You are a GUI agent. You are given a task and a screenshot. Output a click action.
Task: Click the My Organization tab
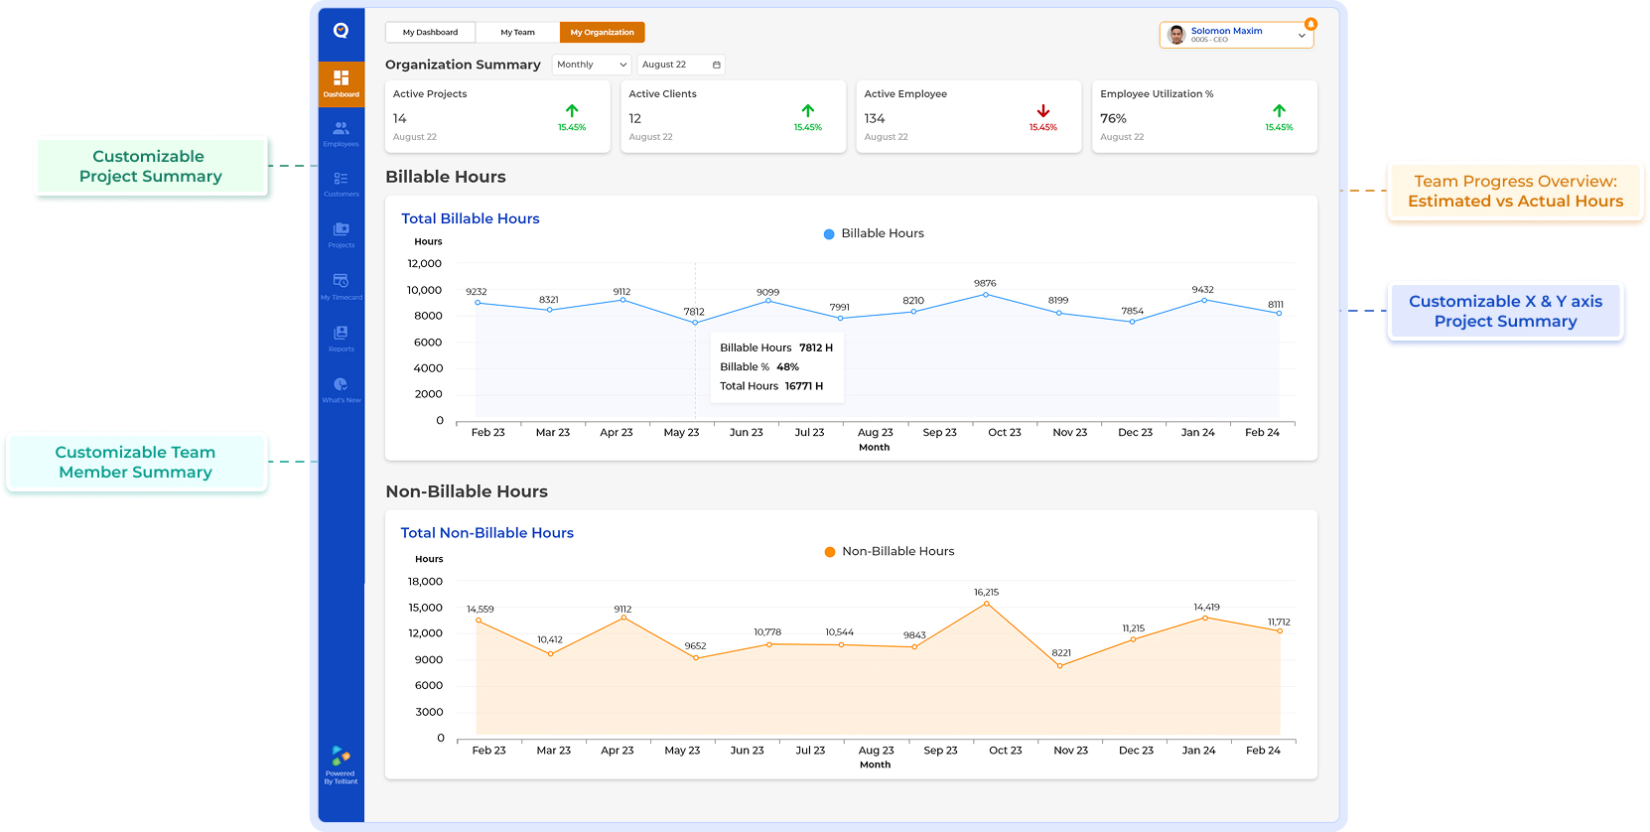coord(602,33)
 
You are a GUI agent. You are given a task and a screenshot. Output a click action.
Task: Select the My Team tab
coord(517,33)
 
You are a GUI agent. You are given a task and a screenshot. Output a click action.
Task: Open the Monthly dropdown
coord(592,65)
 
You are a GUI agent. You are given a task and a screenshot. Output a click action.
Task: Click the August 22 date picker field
coord(680,65)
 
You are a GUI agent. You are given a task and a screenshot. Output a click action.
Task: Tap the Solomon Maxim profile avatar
coord(1176,35)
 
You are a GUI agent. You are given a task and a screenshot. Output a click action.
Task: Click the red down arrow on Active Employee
coord(1042,111)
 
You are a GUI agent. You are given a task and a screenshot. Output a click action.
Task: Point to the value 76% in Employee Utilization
coord(1113,118)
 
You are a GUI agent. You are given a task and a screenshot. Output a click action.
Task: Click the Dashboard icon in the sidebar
coord(341,82)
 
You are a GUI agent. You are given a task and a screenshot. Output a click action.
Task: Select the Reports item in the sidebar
coord(341,338)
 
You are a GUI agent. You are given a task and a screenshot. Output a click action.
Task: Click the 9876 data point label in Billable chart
coord(985,284)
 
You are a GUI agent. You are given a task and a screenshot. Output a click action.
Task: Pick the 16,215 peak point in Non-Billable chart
coord(986,603)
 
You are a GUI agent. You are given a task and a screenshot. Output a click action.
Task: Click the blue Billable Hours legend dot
coord(829,234)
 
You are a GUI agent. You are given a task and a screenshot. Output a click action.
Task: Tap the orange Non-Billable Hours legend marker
coord(830,552)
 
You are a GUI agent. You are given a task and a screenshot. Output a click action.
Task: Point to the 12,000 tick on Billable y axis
coord(425,264)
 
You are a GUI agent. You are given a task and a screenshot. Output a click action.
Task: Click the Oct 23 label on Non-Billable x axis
coord(1005,751)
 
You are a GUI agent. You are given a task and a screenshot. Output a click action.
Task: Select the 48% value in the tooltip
coord(787,367)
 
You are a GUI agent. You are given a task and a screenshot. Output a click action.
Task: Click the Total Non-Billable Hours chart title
coord(486,533)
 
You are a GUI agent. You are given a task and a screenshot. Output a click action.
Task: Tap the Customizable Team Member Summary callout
coord(136,463)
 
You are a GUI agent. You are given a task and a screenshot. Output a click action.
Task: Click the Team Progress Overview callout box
coord(1515,192)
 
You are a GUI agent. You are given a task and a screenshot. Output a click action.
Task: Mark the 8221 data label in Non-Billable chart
coord(1061,653)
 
